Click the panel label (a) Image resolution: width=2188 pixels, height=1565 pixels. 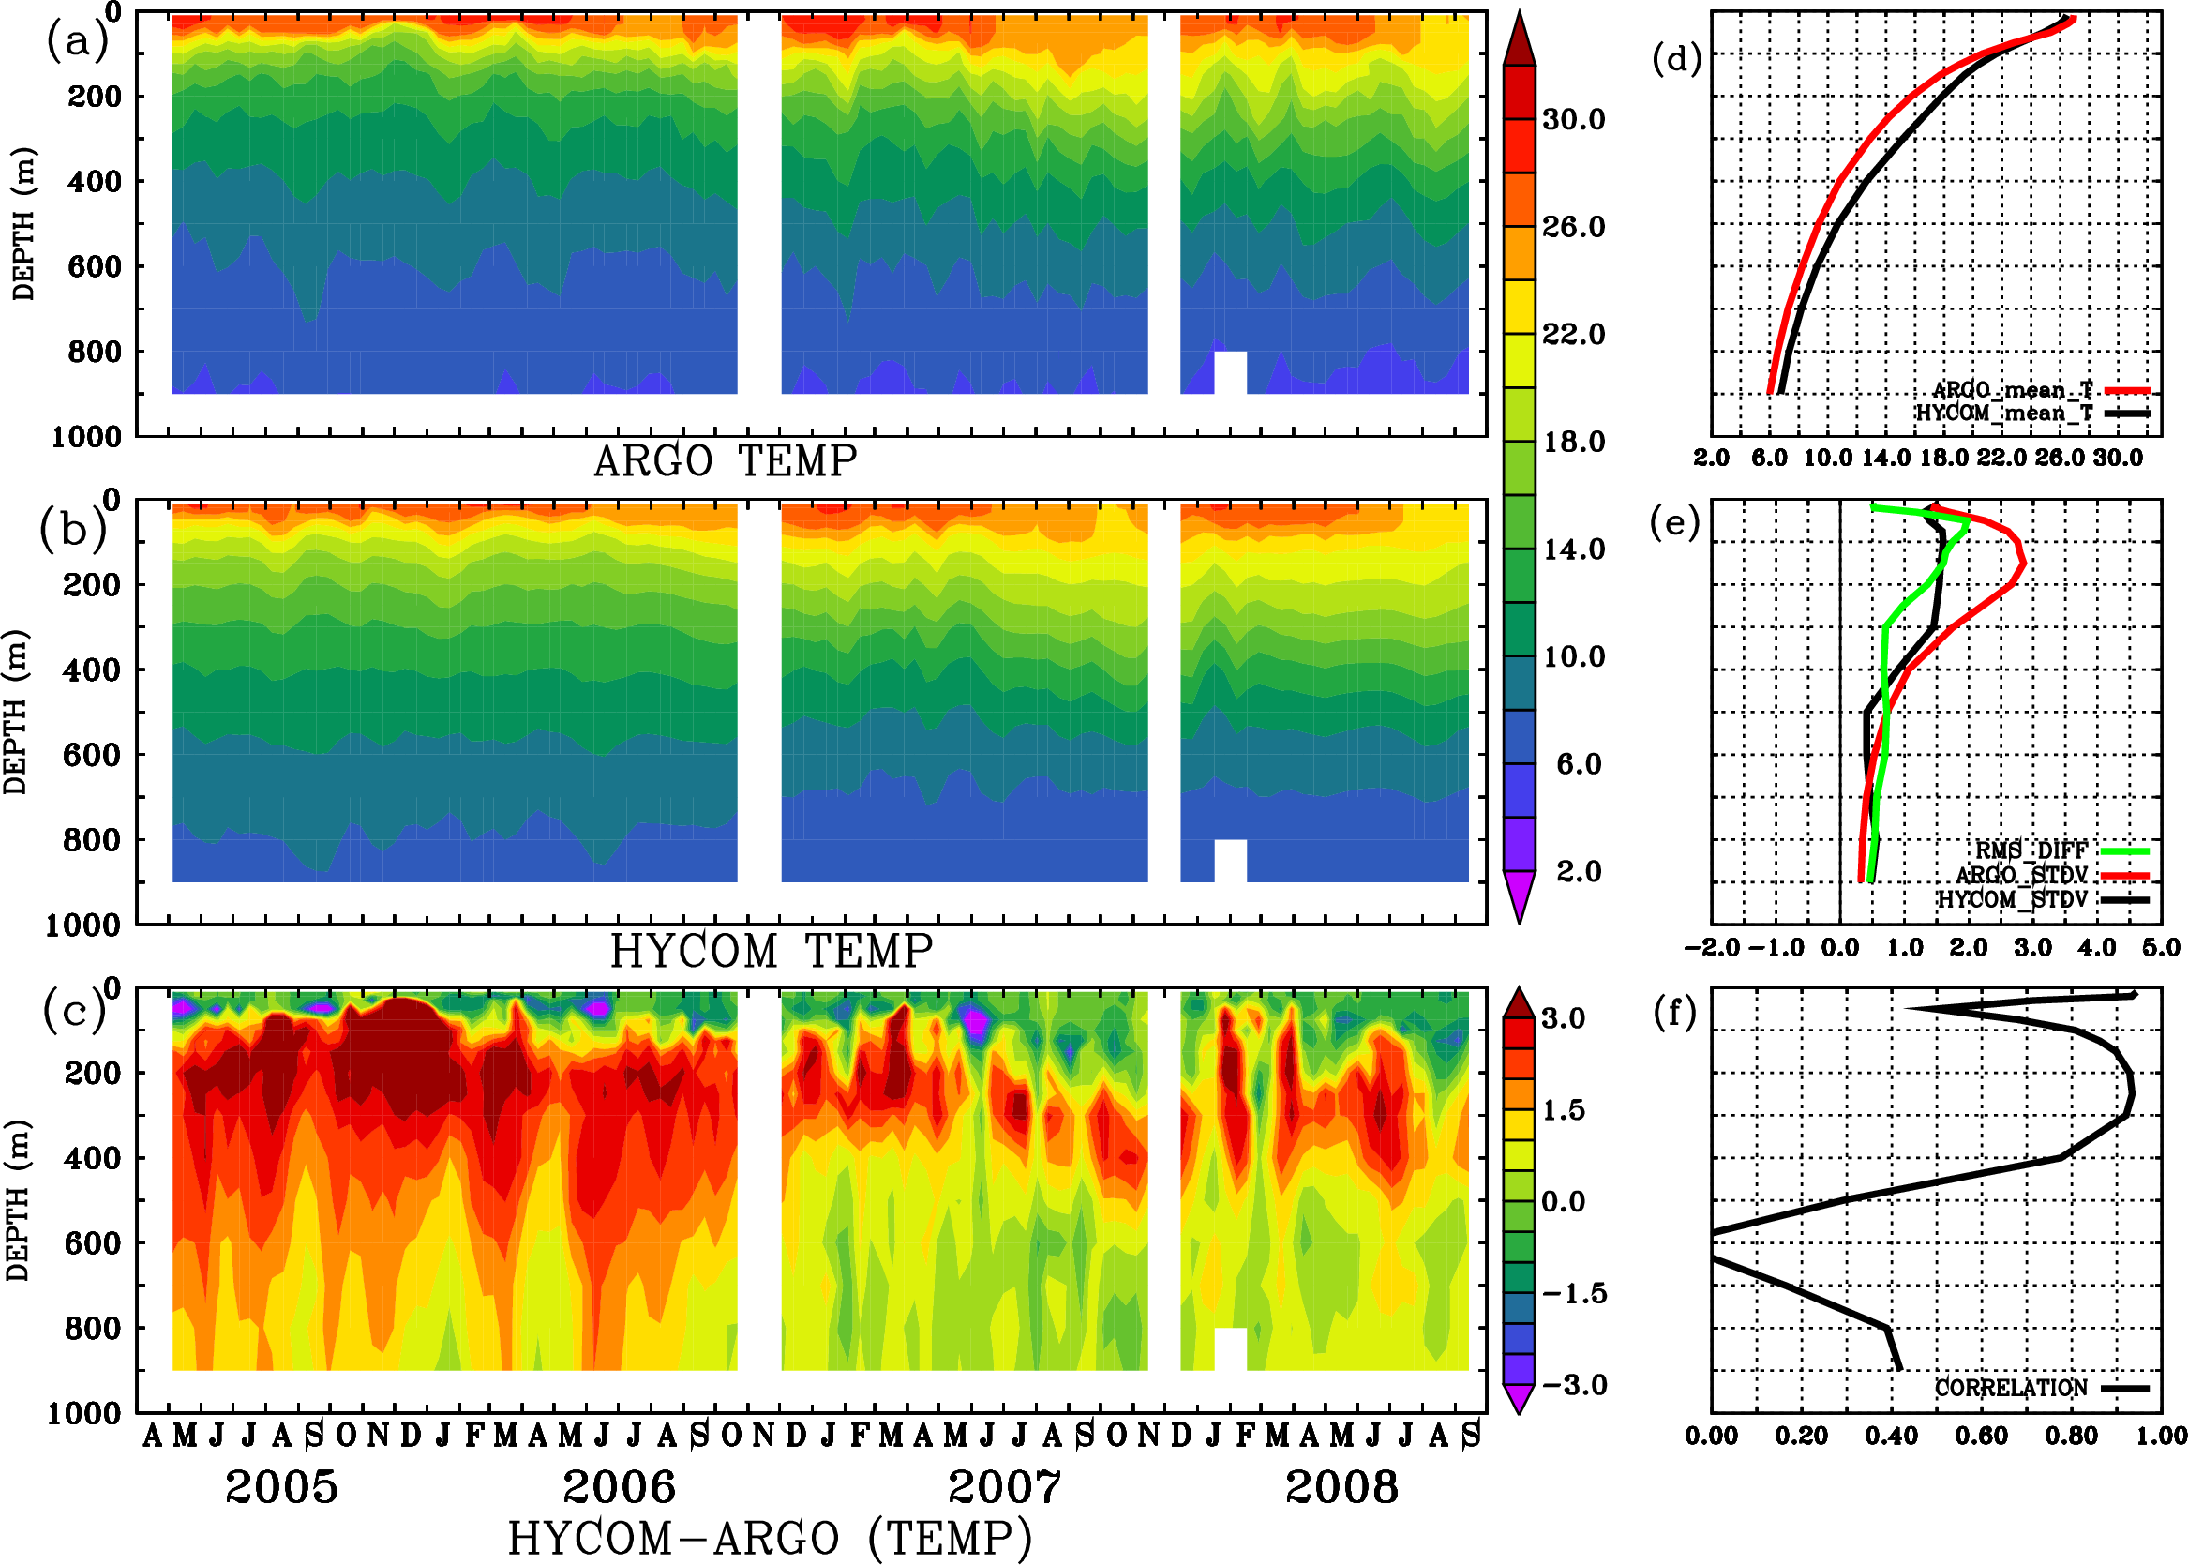point(76,41)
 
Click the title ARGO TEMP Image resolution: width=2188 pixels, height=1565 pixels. point(725,461)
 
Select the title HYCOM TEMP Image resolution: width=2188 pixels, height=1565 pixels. point(771,951)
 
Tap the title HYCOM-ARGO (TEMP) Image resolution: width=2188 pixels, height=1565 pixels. point(769,1538)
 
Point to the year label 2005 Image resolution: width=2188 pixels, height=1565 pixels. point(281,1487)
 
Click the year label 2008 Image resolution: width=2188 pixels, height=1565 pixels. point(1341,1487)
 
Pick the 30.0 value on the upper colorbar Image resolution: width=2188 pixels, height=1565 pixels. point(1573,119)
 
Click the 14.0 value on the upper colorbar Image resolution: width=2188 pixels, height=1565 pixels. point(1573,549)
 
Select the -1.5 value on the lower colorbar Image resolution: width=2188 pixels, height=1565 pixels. point(1573,1293)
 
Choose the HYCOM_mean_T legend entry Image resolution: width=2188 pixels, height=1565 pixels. point(2004,413)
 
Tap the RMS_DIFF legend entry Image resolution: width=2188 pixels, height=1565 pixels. point(2031,850)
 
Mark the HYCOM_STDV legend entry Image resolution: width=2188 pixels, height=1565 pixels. point(2012,899)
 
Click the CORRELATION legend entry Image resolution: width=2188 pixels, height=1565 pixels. point(2011,1388)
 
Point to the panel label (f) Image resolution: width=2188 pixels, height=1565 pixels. point(1675,1012)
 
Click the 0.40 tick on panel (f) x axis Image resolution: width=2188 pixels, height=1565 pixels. point(1891,1436)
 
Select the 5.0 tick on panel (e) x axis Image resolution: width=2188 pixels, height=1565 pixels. point(2161,947)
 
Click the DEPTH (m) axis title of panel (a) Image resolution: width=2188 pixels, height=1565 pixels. point(23,223)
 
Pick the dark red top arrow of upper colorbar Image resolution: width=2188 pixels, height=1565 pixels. point(1520,38)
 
